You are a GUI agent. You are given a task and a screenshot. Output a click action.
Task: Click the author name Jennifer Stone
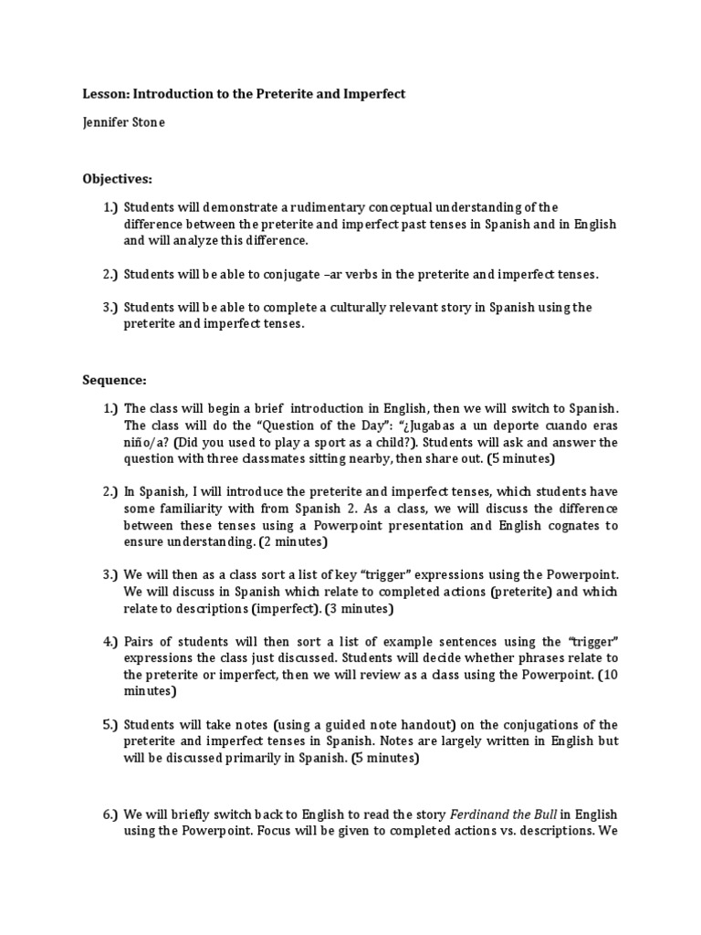(x=123, y=123)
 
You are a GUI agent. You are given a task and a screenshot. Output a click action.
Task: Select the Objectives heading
(x=118, y=178)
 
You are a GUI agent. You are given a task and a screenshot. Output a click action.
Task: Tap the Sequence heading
(x=114, y=379)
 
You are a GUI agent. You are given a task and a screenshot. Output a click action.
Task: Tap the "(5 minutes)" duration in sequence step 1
(x=514, y=457)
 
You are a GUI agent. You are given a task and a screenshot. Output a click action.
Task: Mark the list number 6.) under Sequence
(x=110, y=814)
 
